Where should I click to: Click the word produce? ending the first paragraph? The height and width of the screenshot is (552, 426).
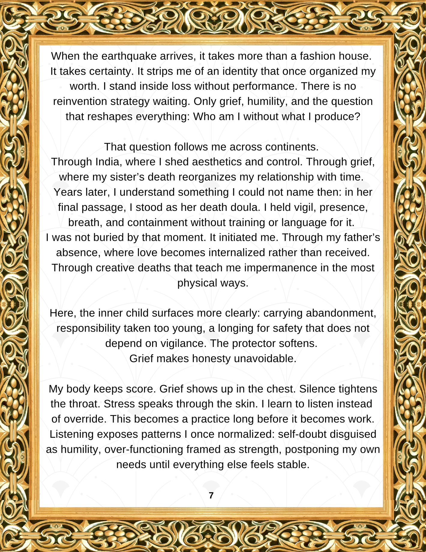coord(337,116)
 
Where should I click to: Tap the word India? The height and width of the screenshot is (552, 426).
coord(108,162)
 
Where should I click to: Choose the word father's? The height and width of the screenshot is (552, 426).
coord(361,237)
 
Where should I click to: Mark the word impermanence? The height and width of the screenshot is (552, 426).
coord(280,268)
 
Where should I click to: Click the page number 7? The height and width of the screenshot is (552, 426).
coord(211,496)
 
